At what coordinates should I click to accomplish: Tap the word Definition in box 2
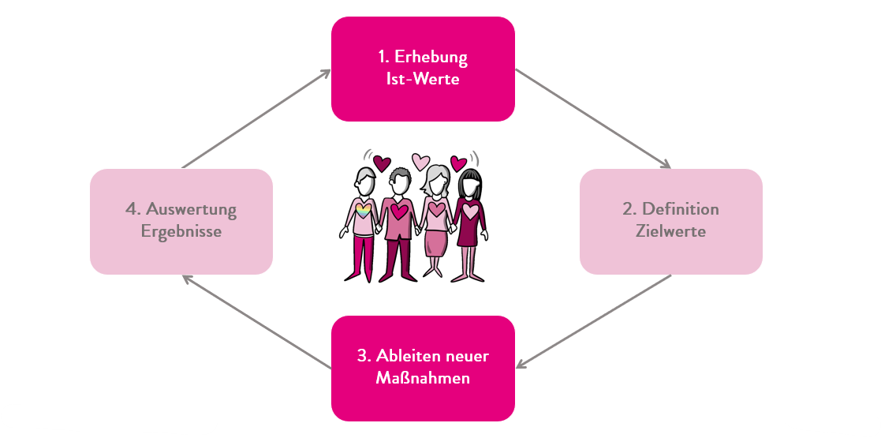(x=681, y=209)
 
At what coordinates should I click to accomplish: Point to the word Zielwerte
(x=671, y=232)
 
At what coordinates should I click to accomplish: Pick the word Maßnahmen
(x=423, y=378)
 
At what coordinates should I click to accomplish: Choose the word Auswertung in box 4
(x=192, y=209)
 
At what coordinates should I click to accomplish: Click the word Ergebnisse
(x=181, y=232)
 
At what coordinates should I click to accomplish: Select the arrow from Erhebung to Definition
(x=592, y=118)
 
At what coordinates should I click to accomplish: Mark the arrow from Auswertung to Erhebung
(x=256, y=118)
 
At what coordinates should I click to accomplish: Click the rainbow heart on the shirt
(x=364, y=211)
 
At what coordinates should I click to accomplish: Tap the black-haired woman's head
(x=470, y=185)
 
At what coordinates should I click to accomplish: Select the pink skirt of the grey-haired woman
(x=435, y=243)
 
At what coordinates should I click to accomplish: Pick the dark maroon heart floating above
(x=383, y=163)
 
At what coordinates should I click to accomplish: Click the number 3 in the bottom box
(x=361, y=356)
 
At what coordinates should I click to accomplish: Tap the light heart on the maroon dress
(x=470, y=211)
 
